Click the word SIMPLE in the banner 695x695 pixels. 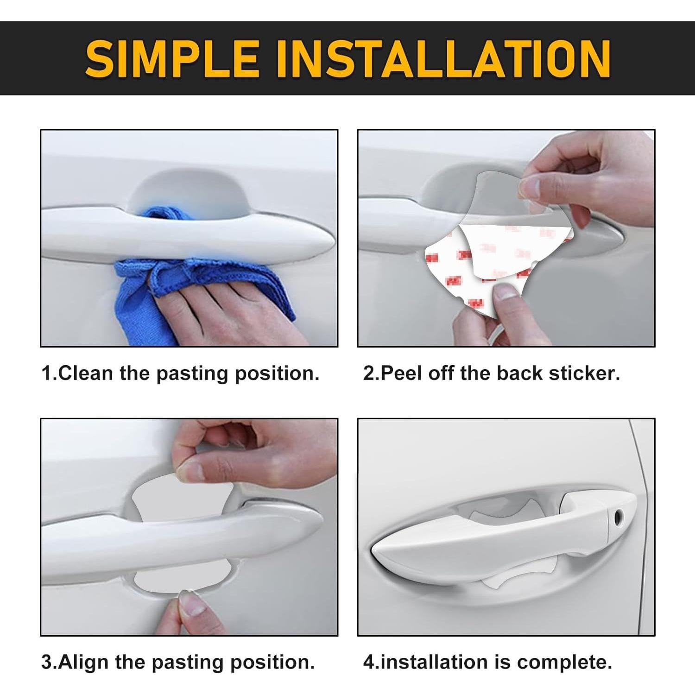pos(171,59)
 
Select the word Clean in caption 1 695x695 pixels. pos(86,373)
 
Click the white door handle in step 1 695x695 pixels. pos(185,232)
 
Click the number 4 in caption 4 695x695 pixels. pos(369,663)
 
